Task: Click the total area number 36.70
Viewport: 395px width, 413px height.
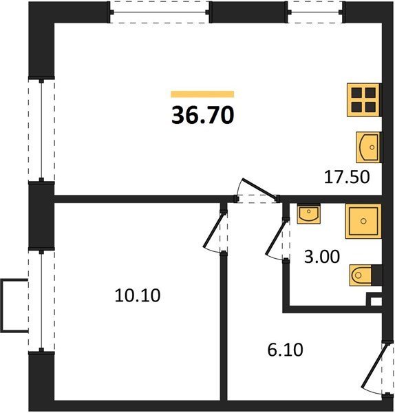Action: pyautogui.click(x=202, y=116)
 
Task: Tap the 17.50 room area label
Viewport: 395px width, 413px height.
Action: pyautogui.click(x=347, y=177)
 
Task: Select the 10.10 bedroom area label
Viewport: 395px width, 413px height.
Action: pyautogui.click(x=138, y=295)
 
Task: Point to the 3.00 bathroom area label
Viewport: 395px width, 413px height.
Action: pyautogui.click(x=322, y=257)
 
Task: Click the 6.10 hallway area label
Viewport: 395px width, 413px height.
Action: pyautogui.click(x=285, y=350)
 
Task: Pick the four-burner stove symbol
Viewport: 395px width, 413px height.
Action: pyautogui.click(x=364, y=100)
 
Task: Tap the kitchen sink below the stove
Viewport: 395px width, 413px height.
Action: pyautogui.click(x=369, y=147)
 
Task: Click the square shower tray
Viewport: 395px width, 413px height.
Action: pyautogui.click(x=363, y=221)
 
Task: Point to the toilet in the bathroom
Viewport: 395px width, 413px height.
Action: pyautogui.click(x=365, y=275)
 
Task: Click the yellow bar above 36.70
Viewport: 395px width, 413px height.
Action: pyautogui.click(x=202, y=94)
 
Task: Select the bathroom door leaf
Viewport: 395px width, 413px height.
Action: pyautogui.click(x=275, y=238)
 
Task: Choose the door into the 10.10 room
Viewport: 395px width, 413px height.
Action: pyautogui.click(x=214, y=231)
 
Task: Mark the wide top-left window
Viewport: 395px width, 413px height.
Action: pyautogui.click(x=160, y=12)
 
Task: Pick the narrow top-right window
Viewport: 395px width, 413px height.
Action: pyautogui.click(x=315, y=12)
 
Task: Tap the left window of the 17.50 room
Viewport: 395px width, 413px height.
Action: pyautogui.click(x=41, y=130)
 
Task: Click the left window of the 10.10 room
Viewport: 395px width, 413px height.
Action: pyautogui.click(x=41, y=301)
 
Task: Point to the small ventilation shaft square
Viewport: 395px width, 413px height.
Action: pyautogui.click(x=376, y=301)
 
